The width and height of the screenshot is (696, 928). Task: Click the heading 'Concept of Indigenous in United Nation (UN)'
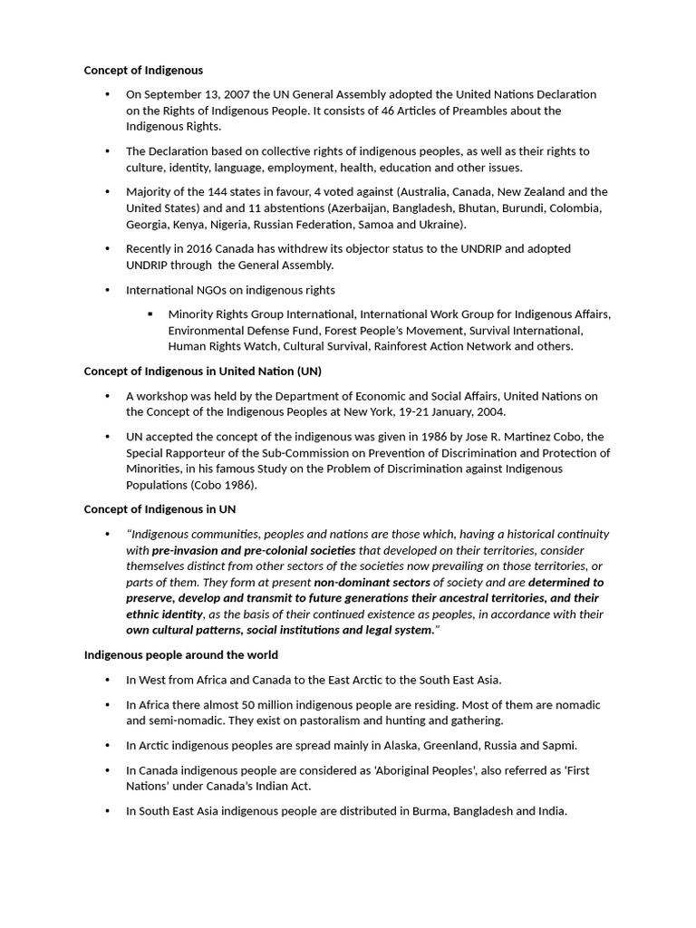coord(202,371)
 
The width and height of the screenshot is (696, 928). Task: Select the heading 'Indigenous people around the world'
coord(181,654)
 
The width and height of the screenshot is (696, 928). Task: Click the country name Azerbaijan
coord(363,208)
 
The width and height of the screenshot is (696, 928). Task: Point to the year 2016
coord(196,248)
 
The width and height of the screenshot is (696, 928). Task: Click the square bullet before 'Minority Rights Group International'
coord(150,314)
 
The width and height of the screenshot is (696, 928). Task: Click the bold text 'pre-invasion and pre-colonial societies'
coord(254,550)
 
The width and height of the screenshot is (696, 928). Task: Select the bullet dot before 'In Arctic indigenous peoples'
coord(108,745)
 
